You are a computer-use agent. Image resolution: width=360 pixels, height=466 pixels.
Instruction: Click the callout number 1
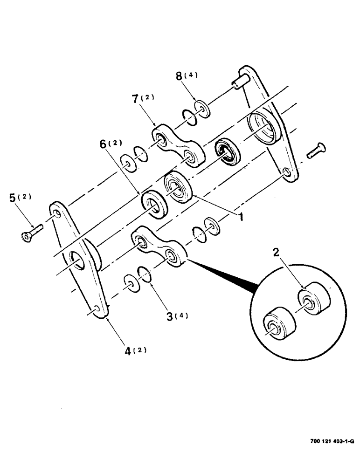coord(241,217)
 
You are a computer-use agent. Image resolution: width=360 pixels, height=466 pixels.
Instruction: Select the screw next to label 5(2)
coord(31,233)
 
